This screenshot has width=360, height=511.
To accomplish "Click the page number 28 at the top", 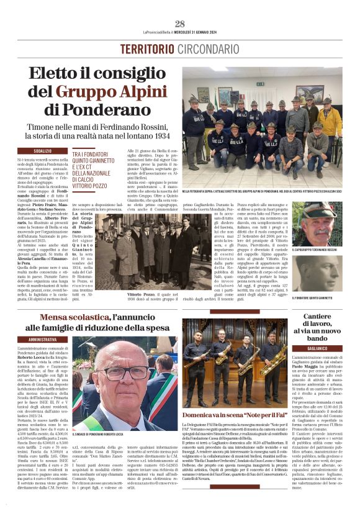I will pos(180,24).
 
